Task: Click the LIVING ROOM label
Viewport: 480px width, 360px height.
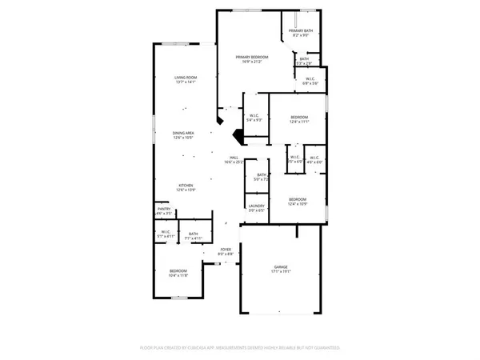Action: [186, 77]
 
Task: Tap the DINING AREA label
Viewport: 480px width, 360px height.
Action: [186, 133]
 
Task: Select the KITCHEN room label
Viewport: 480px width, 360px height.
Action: [186, 186]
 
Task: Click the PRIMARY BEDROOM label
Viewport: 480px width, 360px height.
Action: [251, 57]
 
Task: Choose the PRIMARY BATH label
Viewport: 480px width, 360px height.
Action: [302, 30]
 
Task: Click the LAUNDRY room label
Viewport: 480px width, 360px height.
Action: [256, 206]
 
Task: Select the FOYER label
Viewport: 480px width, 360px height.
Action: [226, 250]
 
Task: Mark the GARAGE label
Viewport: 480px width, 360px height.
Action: [281, 266]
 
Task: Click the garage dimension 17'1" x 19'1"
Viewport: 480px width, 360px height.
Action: [281, 271]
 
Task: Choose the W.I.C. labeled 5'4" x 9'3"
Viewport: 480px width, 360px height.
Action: [254, 118]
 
